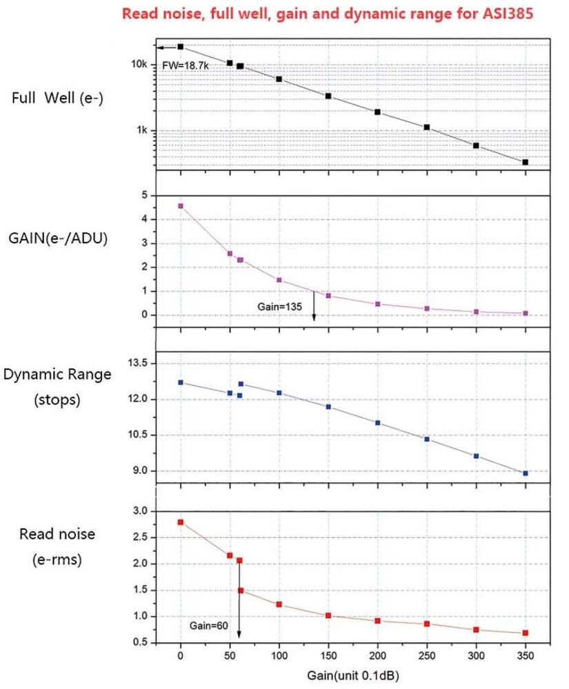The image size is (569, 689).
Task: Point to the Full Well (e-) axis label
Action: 57,96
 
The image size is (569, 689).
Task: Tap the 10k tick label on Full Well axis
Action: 139,64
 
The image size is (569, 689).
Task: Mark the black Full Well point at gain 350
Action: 526,163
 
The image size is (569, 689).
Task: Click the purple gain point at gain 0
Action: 181,205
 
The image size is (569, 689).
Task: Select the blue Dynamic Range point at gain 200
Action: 377,422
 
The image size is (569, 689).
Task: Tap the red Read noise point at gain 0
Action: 181,522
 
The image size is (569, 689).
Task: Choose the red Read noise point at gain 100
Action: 279,604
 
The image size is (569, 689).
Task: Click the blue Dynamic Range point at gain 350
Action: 526,473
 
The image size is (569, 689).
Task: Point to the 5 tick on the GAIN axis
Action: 144,196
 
